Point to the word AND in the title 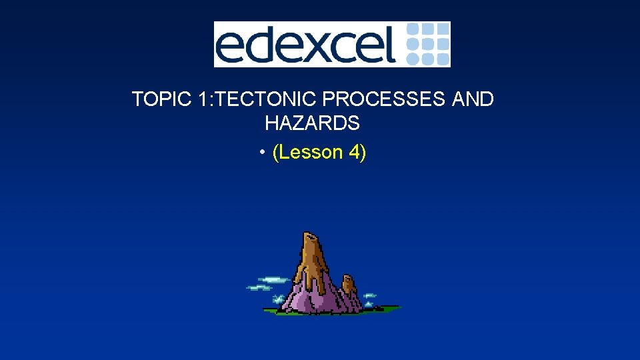473,99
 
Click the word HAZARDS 312,123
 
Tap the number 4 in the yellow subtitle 354,153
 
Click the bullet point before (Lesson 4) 264,153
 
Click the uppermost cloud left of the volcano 273,279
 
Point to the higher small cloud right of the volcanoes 369,295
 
